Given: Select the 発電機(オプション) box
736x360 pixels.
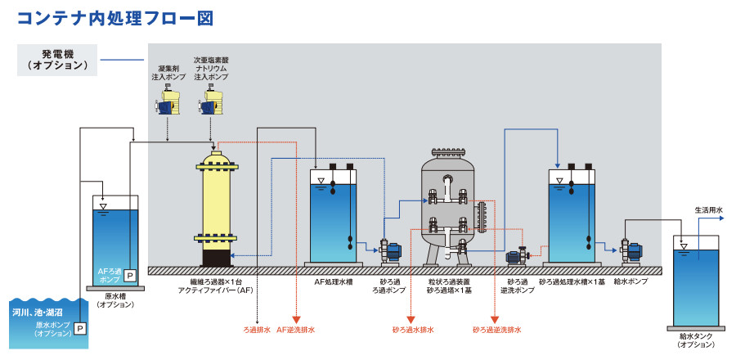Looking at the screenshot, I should [x=57, y=59].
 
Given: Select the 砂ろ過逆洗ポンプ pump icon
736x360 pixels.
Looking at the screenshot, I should [x=517, y=257].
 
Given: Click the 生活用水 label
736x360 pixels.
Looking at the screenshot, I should [x=708, y=210].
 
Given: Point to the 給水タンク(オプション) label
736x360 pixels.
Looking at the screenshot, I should [x=696, y=340].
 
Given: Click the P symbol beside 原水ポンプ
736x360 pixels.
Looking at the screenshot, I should [x=80, y=327].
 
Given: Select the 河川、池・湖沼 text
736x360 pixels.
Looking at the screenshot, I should [x=40, y=312].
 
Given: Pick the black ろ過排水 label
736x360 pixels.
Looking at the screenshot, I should [x=257, y=330].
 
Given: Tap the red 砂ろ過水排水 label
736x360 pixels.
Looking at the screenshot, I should [x=411, y=330].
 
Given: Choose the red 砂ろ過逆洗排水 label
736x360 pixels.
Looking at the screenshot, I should [x=496, y=330].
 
